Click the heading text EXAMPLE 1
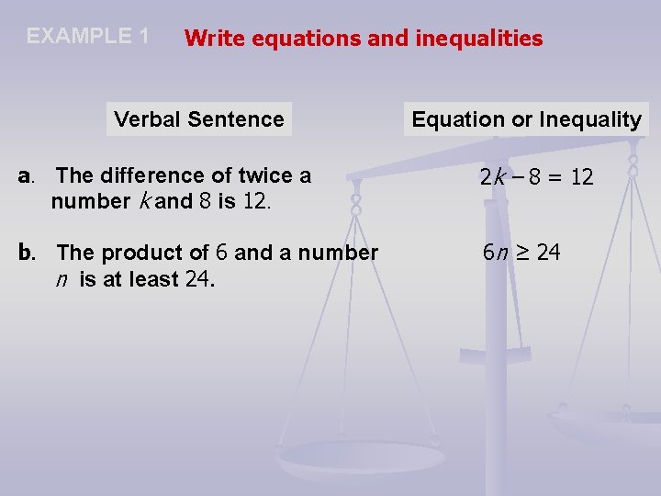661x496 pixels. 88,37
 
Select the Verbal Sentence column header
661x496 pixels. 199,119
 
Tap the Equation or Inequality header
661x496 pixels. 526,119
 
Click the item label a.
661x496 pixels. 27,175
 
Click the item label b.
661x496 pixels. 28,252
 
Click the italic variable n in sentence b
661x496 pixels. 61,279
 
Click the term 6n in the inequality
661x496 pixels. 496,252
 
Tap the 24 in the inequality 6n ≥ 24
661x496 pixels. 548,252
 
